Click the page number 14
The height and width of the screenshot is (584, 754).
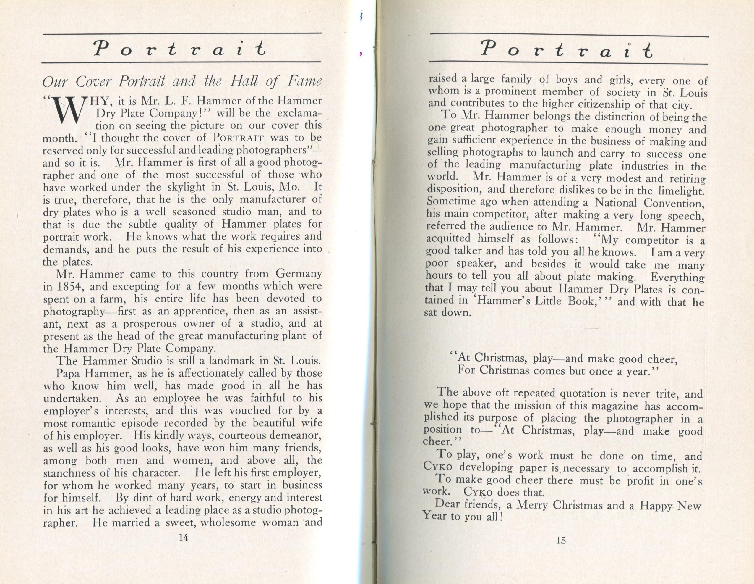pyautogui.click(x=183, y=538)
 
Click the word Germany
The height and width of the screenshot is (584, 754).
pyautogui.click(x=299, y=274)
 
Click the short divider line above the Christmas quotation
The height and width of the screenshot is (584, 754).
pyautogui.click(x=565, y=328)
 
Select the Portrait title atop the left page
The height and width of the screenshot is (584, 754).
pyautogui.click(x=180, y=49)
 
